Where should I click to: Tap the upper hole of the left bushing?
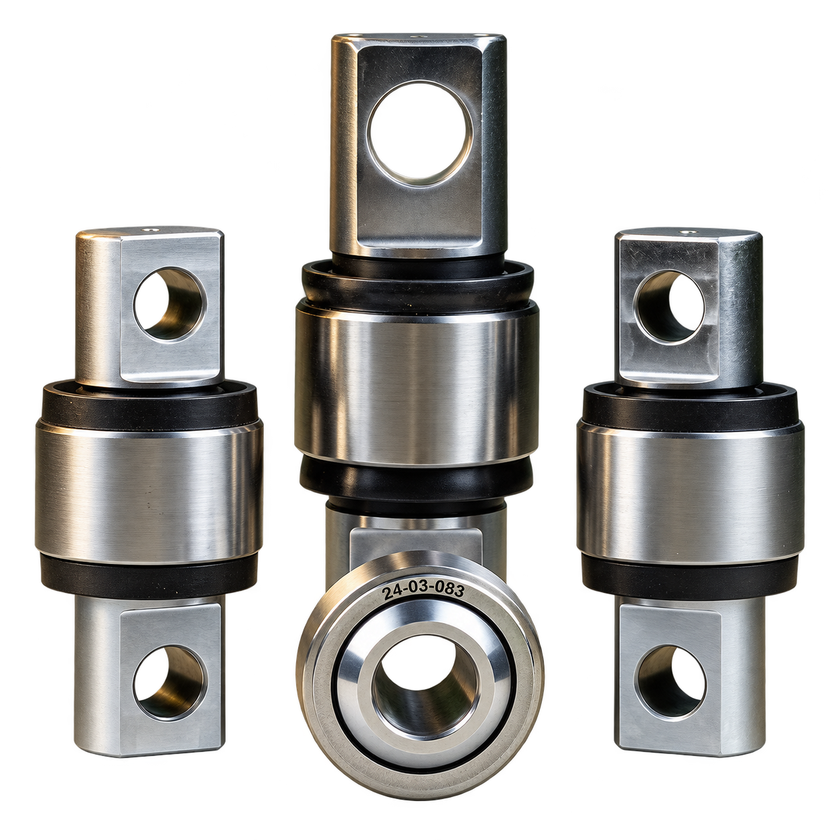[169, 303]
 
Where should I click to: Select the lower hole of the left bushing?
[169, 682]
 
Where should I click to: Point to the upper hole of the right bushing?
[669, 306]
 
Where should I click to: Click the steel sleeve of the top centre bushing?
[417, 384]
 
